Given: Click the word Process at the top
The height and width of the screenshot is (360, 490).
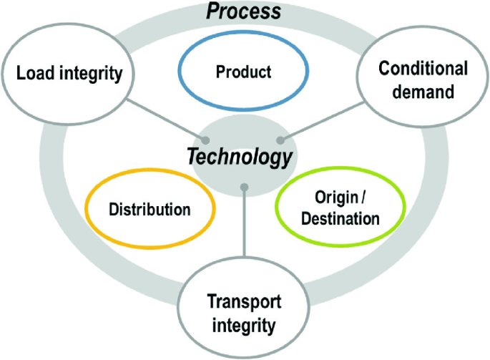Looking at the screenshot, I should pos(245,11).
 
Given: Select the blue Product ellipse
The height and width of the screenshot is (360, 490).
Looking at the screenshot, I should pos(244,72).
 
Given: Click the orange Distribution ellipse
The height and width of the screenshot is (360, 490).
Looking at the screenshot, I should pos(150,210).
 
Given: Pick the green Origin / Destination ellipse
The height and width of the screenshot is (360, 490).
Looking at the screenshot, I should pos(340,209).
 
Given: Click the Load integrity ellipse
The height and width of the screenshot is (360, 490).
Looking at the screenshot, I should pos(69,74).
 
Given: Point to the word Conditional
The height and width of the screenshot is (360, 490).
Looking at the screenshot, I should pos(423,69).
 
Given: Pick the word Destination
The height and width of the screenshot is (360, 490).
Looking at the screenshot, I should pos(340,219).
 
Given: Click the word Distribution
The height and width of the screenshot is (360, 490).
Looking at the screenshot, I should pos(150,210).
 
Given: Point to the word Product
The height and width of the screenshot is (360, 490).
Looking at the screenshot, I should pos(244,72).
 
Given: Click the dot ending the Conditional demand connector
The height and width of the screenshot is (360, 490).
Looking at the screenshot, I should pos(281,140).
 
